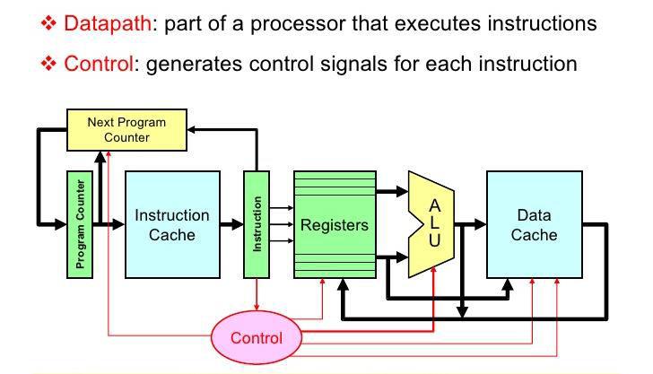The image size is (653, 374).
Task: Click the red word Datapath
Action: tap(108, 23)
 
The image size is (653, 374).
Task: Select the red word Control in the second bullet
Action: tap(99, 65)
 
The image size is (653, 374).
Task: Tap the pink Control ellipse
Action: tap(257, 337)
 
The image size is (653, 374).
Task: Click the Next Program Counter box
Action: tap(126, 130)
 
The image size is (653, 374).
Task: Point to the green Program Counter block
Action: tap(80, 224)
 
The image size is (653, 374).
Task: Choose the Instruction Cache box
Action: tap(172, 224)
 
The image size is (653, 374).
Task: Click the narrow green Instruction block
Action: tap(257, 224)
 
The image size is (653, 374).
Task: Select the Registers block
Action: tap(335, 224)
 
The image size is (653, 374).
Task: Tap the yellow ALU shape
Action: tap(431, 224)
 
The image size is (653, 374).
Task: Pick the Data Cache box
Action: tap(535, 224)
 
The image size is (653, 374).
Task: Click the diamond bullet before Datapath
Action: tap(48, 23)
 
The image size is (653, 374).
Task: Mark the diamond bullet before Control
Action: tap(48, 64)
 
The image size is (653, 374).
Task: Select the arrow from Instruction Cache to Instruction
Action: tap(232, 224)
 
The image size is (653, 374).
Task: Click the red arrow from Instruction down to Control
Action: tap(257, 294)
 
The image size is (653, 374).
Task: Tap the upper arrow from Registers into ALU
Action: tap(392, 192)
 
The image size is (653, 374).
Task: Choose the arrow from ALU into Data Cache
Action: tap(471, 224)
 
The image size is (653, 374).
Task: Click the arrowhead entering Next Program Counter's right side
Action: tap(191, 129)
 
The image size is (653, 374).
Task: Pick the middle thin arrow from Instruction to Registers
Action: tap(282, 224)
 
